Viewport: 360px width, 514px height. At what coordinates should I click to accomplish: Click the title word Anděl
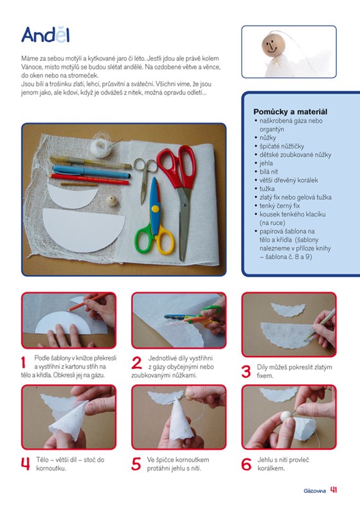pyautogui.click(x=46, y=35)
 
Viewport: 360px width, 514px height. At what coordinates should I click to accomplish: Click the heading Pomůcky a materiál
pyautogui.click(x=290, y=112)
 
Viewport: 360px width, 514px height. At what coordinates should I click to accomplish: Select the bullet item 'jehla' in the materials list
pyautogui.click(x=266, y=163)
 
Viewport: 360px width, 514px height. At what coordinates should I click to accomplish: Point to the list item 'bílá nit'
pyautogui.click(x=269, y=172)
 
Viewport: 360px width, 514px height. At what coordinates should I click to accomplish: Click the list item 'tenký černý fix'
pyautogui.click(x=280, y=206)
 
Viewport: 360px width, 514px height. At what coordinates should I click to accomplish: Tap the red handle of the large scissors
pyautogui.click(x=177, y=165)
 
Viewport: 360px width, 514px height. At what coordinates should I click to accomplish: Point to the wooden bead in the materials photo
pyautogui.click(x=111, y=200)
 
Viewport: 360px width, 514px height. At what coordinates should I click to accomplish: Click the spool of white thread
pyautogui.click(x=101, y=146)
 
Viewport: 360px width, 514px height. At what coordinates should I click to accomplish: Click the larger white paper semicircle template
pyautogui.click(x=84, y=229)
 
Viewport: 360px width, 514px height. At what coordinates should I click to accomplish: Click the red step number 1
pyautogui.click(x=24, y=363)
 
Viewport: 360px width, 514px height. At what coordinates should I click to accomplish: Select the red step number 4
pyautogui.click(x=25, y=464)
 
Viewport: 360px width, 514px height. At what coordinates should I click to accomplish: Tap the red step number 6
pyautogui.click(x=246, y=464)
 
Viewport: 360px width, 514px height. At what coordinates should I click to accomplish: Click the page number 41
pyautogui.click(x=334, y=490)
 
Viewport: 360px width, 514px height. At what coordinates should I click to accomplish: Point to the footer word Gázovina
pyautogui.click(x=315, y=491)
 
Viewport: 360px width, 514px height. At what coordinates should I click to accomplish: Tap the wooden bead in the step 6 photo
pyautogui.click(x=285, y=417)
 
